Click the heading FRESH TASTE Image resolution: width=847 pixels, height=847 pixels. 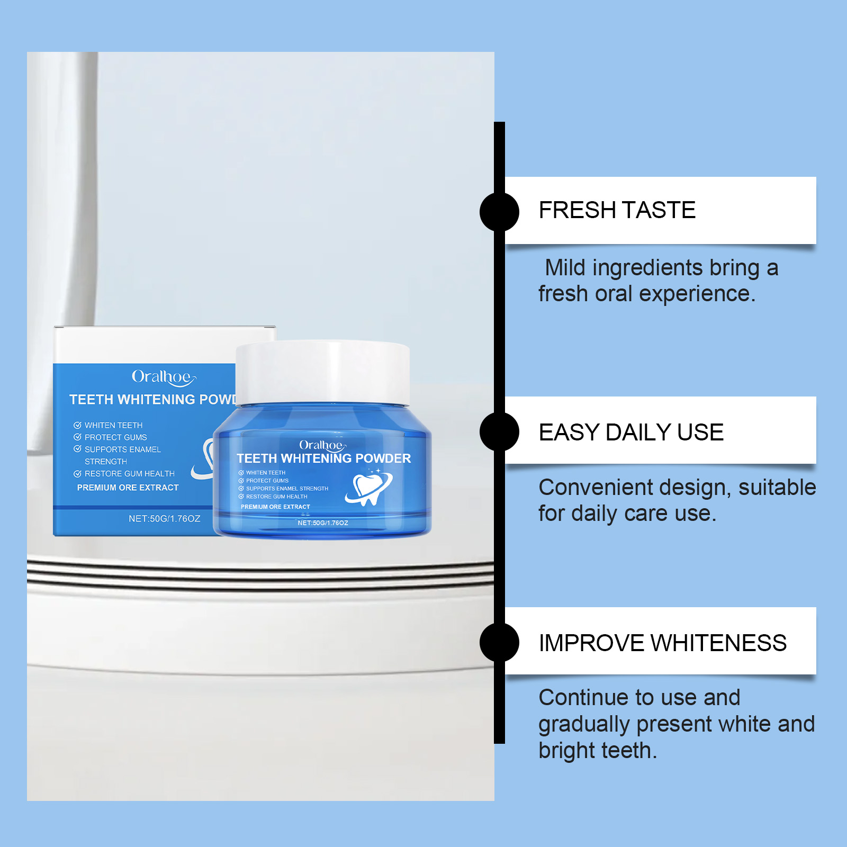pyautogui.click(x=617, y=210)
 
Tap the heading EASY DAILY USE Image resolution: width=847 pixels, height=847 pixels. pyautogui.click(x=631, y=432)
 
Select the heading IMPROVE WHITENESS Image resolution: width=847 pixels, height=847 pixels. pyautogui.click(x=663, y=643)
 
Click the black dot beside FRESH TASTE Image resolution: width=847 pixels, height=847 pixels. pyautogui.click(x=499, y=211)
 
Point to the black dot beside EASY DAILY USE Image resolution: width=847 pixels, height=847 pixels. pyautogui.click(x=499, y=431)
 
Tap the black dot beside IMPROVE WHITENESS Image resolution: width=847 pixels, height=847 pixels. pyautogui.click(x=499, y=642)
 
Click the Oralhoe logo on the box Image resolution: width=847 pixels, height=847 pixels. pyautogui.click(x=164, y=377)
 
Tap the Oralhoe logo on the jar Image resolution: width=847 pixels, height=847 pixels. pyautogui.click(x=322, y=445)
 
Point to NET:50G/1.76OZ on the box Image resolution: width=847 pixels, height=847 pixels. pyautogui.click(x=165, y=519)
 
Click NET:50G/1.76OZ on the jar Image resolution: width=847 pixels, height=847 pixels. pyautogui.click(x=323, y=523)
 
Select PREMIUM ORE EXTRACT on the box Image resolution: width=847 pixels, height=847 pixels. pyautogui.click(x=128, y=488)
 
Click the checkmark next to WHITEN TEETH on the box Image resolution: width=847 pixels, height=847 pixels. pyautogui.click(x=77, y=425)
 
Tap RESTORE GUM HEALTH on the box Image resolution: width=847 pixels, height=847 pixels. pyautogui.click(x=130, y=474)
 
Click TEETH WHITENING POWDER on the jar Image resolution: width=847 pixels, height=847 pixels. pyautogui.click(x=324, y=458)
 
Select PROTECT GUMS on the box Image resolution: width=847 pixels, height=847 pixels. pyautogui.click(x=116, y=437)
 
